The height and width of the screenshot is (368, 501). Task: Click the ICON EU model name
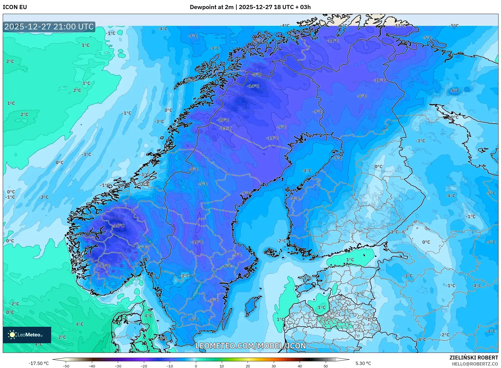[15, 7]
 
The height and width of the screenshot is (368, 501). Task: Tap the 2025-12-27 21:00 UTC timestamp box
[49, 27]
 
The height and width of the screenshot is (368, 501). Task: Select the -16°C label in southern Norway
[119, 226]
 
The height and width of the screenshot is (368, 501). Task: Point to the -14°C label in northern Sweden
[253, 86]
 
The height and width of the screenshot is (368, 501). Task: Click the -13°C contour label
[105, 266]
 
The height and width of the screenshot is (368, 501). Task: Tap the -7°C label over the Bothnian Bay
[338, 159]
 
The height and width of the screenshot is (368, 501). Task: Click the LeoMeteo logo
[27, 335]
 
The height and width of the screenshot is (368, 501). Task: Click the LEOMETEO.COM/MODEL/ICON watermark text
[250, 346]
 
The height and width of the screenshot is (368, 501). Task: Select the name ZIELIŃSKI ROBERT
[473, 358]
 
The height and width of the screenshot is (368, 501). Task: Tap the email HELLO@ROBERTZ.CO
[475, 364]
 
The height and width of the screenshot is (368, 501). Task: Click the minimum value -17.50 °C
[39, 363]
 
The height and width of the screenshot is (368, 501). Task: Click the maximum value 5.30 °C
[363, 363]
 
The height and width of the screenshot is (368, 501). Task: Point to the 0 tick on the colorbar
[196, 366]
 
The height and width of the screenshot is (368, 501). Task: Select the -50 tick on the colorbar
[66, 366]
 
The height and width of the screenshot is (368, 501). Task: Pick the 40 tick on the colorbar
[300, 366]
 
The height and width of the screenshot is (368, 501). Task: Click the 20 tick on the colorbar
[248, 366]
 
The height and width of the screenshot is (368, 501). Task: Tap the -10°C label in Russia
[379, 80]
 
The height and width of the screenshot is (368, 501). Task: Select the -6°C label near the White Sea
[455, 90]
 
